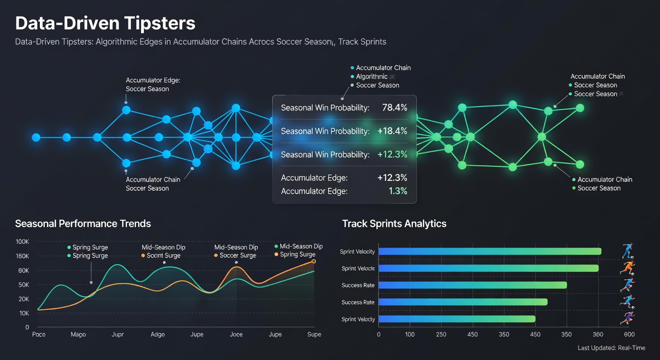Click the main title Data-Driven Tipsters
(x=105, y=23)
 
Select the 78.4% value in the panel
(x=395, y=108)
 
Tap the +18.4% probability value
(x=392, y=131)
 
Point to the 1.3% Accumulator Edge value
(x=397, y=191)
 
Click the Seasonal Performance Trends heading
(x=83, y=224)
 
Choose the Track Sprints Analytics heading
(x=394, y=224)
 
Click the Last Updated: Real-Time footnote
(x=611, y=348)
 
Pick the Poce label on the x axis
(x=38, y=334)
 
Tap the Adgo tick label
(x=157, y=334)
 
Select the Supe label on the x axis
(x=314, y=334)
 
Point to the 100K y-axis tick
(x=22, y=241)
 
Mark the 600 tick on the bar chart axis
(x=629, y=335)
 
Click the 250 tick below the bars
(x=441, y=335)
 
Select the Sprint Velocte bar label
(x=358, y=269)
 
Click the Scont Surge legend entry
(x=163, y=255)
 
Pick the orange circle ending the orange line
(x=314, y=262)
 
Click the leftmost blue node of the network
(x=36, y=137)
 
